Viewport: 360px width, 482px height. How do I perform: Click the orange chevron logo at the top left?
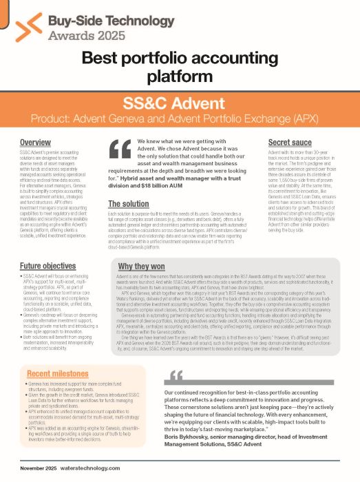[x=28, y=26]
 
